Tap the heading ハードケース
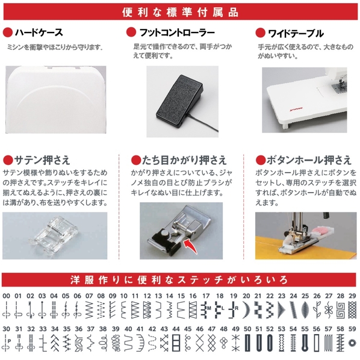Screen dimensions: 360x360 point(39,33)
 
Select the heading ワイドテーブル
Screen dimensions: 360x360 point(296,34)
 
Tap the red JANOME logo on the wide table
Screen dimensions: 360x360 point(296,108)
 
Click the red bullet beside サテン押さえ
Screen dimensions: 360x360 point(8,160)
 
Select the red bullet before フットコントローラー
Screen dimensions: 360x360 point(131,32)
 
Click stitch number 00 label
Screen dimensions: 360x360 point(6,296)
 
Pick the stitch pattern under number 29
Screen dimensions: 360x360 point(352,309)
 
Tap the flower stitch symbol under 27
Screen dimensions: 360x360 point(329,310)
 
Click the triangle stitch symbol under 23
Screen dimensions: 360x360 point(282,309)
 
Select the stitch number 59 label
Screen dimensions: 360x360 point(352,329)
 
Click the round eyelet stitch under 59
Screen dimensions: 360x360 point(352,343)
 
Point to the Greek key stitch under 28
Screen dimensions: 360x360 point(341,310)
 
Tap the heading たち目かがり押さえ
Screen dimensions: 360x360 point(184,160)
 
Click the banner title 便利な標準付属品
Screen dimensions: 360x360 point(180,12)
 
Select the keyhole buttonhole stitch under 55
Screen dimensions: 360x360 point(305,343)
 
